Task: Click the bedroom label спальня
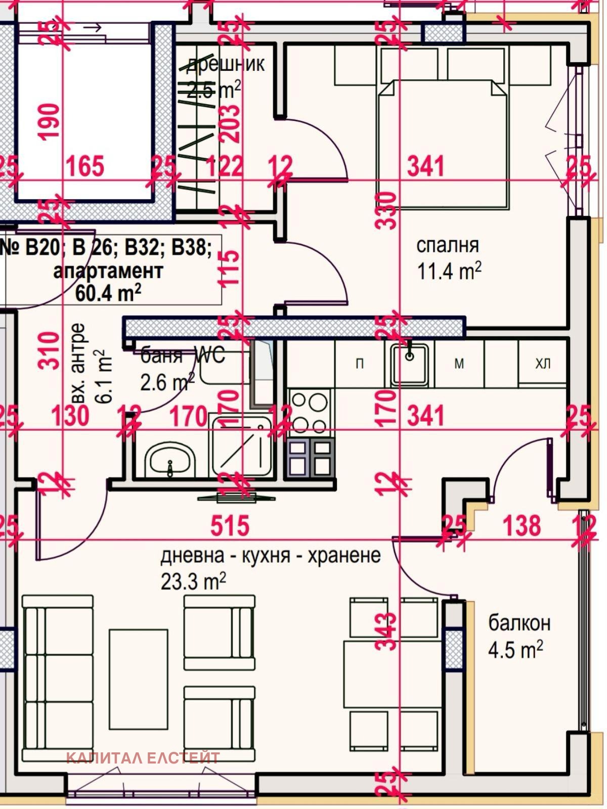point(447,245)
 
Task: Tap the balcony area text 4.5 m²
point(515,649)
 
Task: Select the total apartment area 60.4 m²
point(108,293)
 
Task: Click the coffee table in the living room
point(138,679)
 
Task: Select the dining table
point(394,674)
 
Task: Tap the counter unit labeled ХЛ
point(542,364)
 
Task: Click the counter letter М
point(459,364)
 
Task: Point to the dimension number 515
point(230,525)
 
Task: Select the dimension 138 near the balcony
point(522,525)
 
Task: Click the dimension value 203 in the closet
point(230,123)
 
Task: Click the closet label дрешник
point(226,64)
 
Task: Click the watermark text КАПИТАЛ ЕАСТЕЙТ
point(143,758)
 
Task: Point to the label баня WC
point(182,355)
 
